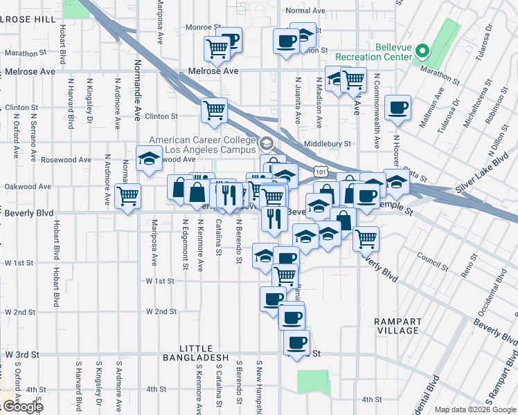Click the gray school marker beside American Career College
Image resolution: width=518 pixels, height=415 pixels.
pos(266,144)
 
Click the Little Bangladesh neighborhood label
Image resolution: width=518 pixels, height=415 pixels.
pos(194,352)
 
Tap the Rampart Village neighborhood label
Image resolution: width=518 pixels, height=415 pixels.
pos(396,326)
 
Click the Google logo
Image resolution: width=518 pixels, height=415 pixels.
pos(22,406)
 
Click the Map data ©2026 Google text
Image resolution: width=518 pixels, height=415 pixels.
pos(474,410)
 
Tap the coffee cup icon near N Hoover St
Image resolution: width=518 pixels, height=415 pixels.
pos(398,108)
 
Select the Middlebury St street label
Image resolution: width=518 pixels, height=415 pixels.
pos(328,145)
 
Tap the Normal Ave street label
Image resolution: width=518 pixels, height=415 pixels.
pos(305,11)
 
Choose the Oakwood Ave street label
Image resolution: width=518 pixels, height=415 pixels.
pos(28,187)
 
